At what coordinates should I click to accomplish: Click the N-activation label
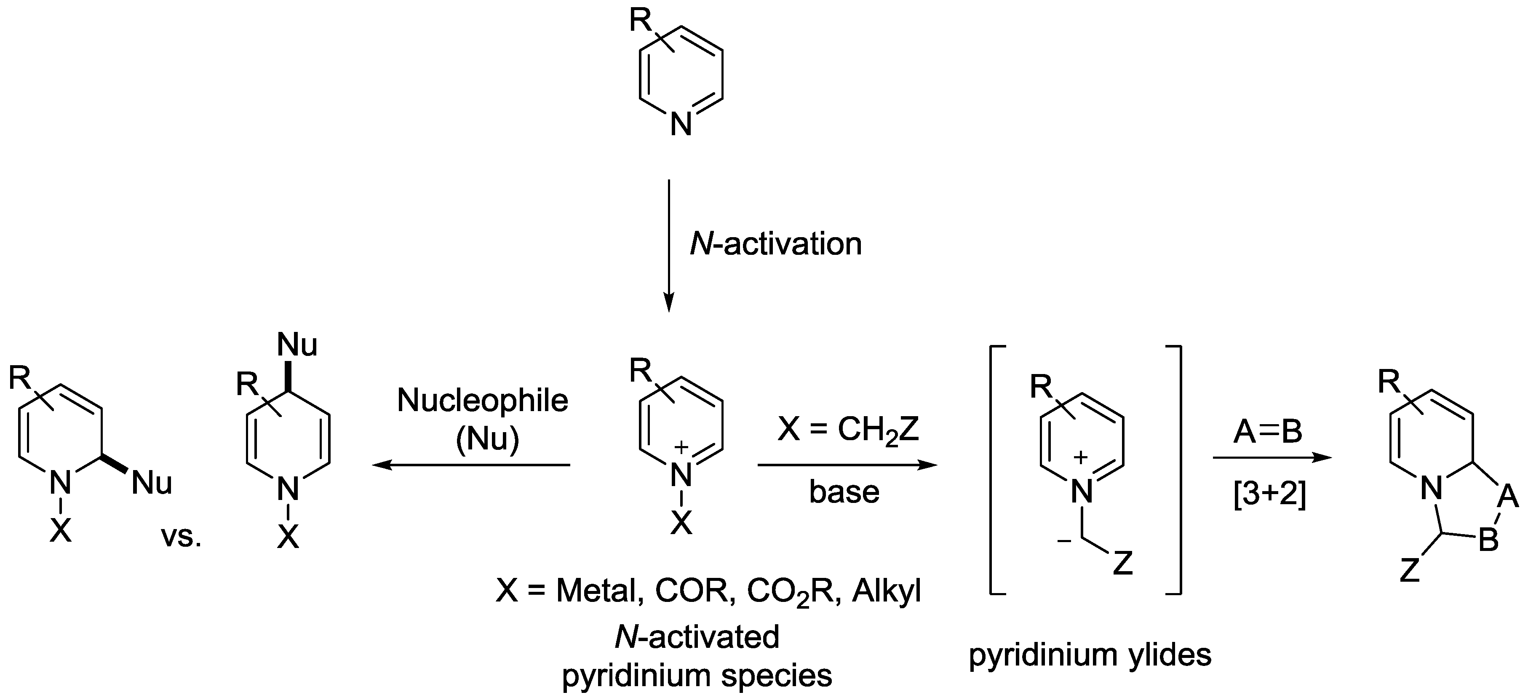pyautogui.click(x=775, y=244)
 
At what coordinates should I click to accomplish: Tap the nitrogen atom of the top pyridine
pyautogui.click(x=681, y=126)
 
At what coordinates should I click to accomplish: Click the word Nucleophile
pyautogui.click(x=482, y=401)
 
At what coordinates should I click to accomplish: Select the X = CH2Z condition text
pyautogui.click(x=848, y=429)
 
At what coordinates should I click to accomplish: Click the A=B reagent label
pyautogui.click(x=1268, y=432)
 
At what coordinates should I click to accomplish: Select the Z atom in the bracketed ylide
pyautogui.click(x=1123, y=563)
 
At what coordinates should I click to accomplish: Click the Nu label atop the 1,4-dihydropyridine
pyautogui.click(x=297, y=345)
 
